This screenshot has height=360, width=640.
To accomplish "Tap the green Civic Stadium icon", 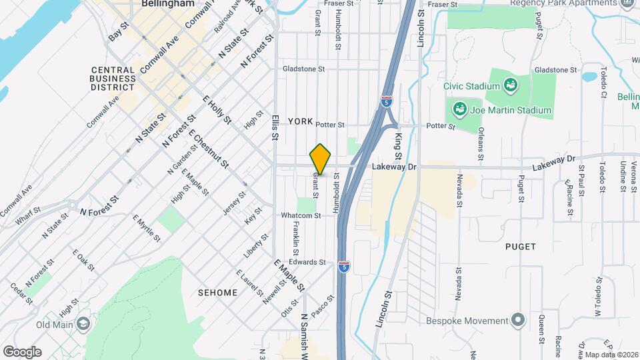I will point(511,85).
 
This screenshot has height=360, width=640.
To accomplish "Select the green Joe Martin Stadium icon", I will point(459,109).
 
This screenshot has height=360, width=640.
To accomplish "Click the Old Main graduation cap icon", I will point(83,324).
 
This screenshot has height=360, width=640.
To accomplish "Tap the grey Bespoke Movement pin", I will point(517,319).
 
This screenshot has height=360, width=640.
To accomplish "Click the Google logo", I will point(22,351).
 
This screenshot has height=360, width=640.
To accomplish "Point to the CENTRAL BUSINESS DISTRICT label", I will point(113,78).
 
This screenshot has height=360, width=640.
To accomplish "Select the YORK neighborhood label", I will point(300,121).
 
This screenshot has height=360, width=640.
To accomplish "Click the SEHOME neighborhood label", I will point(217,293).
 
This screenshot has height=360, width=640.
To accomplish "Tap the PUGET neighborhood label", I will point(520,247).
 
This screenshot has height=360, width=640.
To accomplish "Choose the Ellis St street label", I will point(275,126).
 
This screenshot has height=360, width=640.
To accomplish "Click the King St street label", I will point(398,146).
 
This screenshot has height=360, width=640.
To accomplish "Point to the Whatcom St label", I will point(301,215).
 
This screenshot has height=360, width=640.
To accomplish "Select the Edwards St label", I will point(307,262).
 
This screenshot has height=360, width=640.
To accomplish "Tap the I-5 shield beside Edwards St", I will point(343,267).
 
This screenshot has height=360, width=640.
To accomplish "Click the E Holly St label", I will point(217,110).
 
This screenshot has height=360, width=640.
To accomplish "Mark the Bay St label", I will point(117,33).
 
